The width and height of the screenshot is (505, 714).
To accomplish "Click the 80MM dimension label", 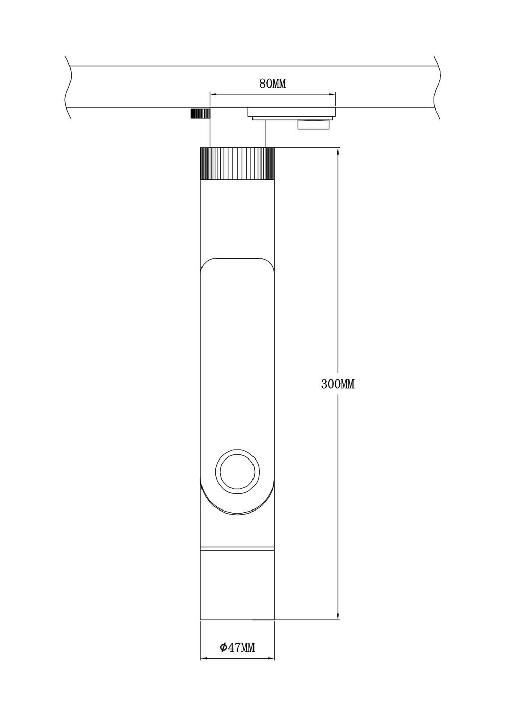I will pos(272,84).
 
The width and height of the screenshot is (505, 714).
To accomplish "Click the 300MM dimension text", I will pos(338,384).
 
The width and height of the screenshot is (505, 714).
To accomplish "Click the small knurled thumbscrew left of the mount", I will pos(200,113).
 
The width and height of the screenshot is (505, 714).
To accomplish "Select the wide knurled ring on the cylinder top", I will pos(237,163).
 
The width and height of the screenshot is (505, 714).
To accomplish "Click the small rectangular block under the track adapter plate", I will pos(314,124).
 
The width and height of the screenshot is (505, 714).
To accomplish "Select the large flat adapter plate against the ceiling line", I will pos(291,112).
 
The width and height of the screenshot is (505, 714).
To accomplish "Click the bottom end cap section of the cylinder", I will pos(237,586).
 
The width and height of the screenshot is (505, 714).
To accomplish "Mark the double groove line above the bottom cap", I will pos(237,549).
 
